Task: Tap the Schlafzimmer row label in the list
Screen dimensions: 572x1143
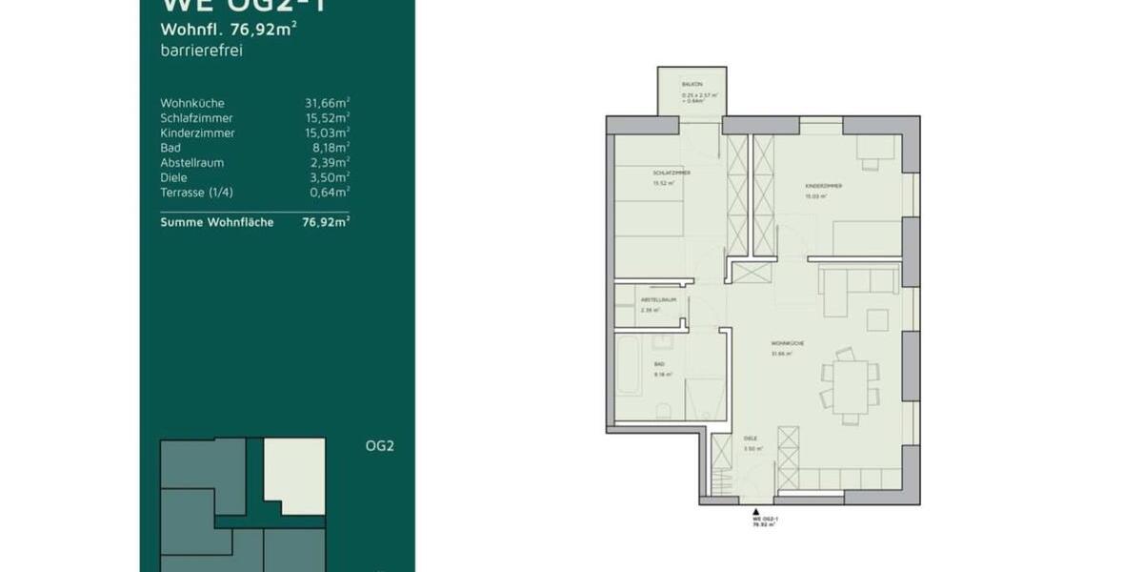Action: point(197,118)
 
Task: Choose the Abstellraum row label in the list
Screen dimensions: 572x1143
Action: point(192,163)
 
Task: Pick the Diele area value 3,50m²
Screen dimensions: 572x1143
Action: point(329,177)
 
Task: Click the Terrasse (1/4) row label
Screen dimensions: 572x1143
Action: point(196,193)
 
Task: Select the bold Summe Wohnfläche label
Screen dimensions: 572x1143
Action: point(217,222)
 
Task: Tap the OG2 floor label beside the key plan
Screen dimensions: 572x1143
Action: point(379,445)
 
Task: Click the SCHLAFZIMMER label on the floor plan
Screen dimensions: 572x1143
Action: point(671,173)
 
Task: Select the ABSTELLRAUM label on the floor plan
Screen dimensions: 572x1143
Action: point(657,299)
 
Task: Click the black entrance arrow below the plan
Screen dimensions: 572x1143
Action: point(756,511)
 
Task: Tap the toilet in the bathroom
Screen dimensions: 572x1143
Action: point(665,410)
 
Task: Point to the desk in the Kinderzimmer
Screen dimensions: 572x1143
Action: point(874,149)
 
